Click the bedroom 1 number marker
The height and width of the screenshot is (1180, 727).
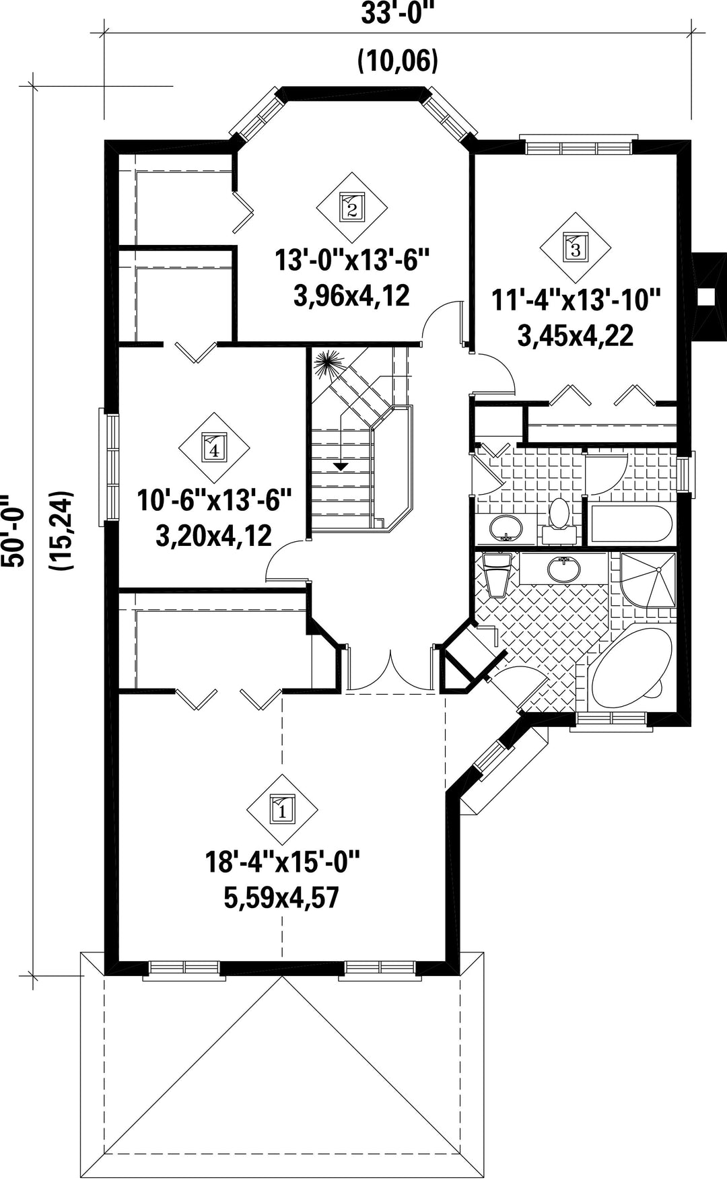[x=283, y=808]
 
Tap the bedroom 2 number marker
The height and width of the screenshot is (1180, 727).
[x=351, y=205]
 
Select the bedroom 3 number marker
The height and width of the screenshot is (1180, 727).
[x=575, y=247]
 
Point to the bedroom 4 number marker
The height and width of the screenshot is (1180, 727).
[x=214, y=447]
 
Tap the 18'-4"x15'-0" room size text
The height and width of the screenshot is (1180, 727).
[x=283, y=862]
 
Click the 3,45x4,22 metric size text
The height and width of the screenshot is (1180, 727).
[x=576, y=335]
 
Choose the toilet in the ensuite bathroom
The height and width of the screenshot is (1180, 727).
[x=497, y=576]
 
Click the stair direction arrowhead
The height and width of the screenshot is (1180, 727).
[x=341, y=466]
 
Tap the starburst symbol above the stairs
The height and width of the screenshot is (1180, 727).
[x=331, y=364]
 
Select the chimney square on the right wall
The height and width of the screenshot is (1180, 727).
[x=705, y=296]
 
